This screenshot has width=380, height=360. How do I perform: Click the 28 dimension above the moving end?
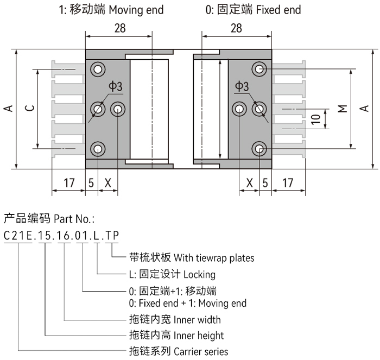[x=120, y=28]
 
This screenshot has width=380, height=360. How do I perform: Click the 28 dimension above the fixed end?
[x=236, y=28]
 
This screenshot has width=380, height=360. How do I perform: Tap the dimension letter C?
[x=29, y=108]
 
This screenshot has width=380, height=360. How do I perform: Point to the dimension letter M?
[x=343, y=109]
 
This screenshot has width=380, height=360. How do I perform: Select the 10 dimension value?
[x=316, y=119]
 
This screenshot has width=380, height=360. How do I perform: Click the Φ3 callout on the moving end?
[x=116, y=86]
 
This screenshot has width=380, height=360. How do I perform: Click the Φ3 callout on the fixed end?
[x=242, y=86]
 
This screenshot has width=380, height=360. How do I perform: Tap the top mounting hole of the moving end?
[x=98, y=70]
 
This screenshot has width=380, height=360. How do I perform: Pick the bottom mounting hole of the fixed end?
[x=259, y=149]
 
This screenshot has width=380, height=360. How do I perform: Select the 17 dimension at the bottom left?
[x=69, y=183]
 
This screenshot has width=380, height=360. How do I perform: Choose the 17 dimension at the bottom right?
[x=288, y=183]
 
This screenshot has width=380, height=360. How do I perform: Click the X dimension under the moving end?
[x=108, y=183]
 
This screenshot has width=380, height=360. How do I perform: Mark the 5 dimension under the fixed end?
[x=265, y=183]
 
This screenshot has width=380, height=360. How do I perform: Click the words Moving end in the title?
[x=136, y=10]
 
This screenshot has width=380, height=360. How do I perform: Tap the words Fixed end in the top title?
[x=278, y=10]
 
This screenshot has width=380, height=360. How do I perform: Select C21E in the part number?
[x=18, y=236]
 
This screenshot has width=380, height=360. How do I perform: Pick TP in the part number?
[x=112, y=236]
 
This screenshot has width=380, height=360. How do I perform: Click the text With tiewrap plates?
[x=214, y=258]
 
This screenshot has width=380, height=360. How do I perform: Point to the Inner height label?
[x=199, y=336]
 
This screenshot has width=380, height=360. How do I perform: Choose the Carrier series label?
[x=201, y=351]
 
